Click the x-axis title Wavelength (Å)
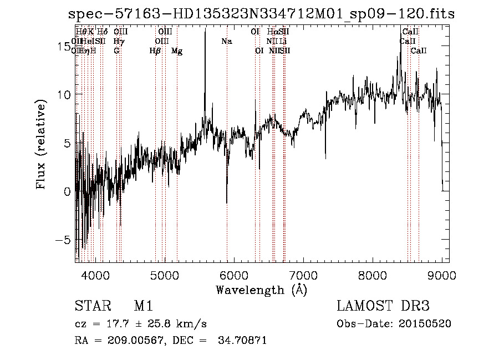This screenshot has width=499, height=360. pos(261,290)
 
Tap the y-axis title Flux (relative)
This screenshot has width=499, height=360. pos(41,144)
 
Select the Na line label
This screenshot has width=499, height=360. pos(226,42)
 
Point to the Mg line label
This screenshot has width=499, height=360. pos(177,51)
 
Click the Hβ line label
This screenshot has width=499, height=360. pos(155,51)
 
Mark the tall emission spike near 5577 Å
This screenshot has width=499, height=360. pos(205,33)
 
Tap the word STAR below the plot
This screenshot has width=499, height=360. pos(91,307)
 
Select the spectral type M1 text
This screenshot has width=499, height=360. pos(143,307)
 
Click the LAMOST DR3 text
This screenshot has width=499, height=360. pos(383,307)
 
